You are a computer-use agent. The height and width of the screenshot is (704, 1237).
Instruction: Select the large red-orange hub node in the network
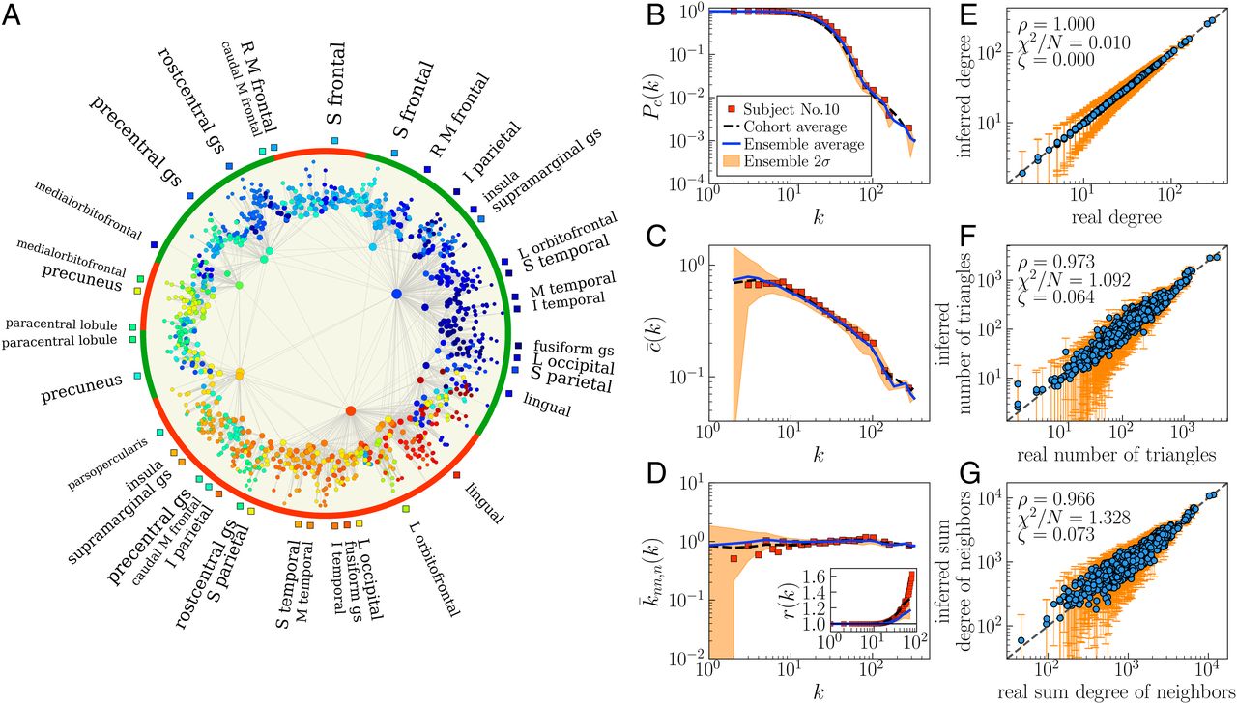click(x=350, y=411)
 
